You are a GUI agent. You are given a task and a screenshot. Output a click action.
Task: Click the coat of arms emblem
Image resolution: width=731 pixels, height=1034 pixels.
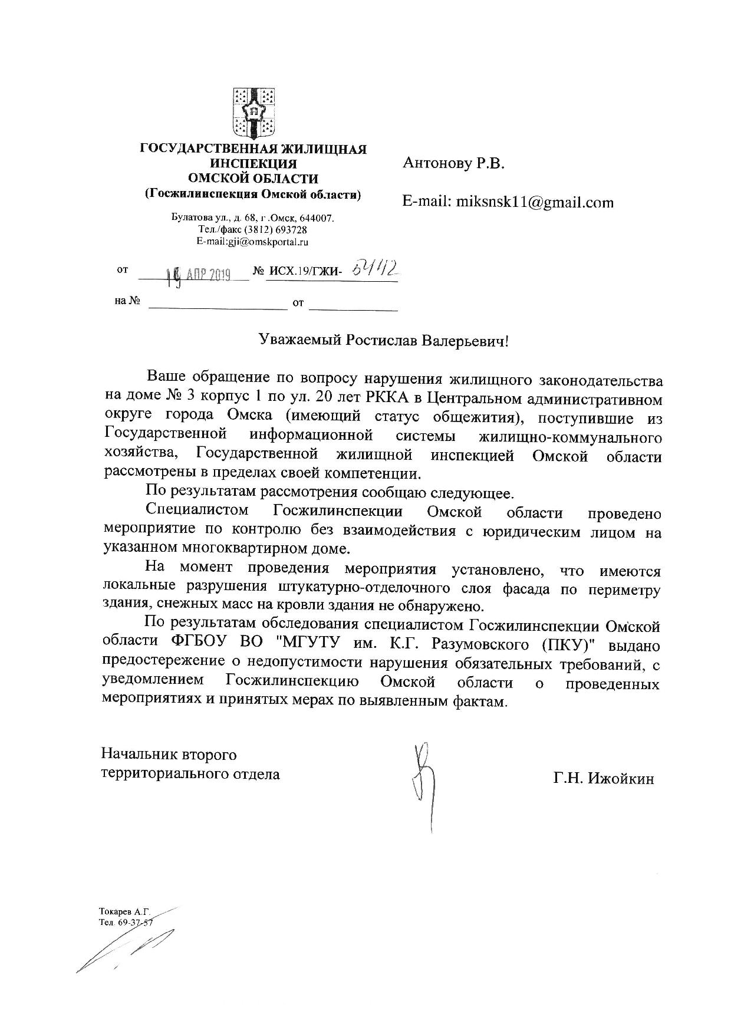(x=254, y=112)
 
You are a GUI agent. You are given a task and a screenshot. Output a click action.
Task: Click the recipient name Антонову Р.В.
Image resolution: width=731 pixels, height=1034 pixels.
(x=453, y=163)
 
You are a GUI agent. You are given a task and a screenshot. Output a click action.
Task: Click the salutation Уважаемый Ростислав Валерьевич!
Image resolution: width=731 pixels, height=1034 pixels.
(x=383, y=340)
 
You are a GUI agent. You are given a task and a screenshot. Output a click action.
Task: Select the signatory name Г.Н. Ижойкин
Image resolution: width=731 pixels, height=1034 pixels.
(x=603, y=779)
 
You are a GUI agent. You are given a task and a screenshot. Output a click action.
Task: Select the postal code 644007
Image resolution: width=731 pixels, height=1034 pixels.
(x=318, y=218)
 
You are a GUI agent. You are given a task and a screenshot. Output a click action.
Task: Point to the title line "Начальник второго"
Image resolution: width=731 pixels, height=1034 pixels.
(x=169, y=755)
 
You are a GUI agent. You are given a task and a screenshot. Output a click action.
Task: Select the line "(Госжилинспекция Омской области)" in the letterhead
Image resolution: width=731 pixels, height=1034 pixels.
(x=253, y=194)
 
